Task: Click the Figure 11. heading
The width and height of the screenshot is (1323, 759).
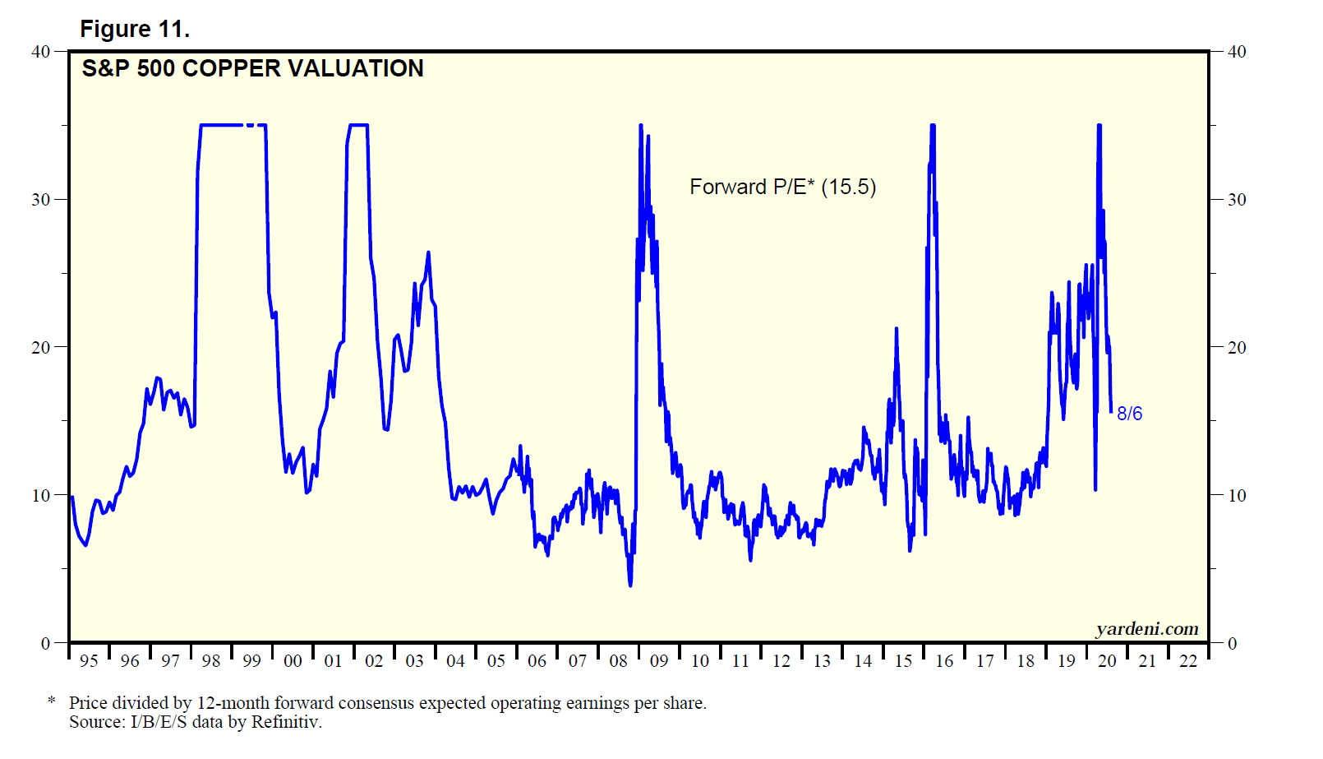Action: pyautogui.click(x=135, y=30)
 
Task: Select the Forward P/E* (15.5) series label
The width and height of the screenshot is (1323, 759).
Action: pyautogui.click(x=782, y=187)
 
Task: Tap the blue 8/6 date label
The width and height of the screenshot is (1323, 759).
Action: pyautogui.click(x=1129, y=414)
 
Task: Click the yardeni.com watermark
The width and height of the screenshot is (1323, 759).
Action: pyautogui.click(x=1146, y=629)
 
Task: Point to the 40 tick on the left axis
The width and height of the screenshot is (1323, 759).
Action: pyautogui.click(x=41, y=52)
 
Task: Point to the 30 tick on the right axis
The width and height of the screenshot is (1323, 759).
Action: pyautogui.click(x=1236, y=200)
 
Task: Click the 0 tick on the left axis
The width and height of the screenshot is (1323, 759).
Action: pyautogui.click(x=46, y=644)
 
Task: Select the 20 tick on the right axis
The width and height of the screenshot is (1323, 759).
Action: pyautogui.click(x=1236, y=348)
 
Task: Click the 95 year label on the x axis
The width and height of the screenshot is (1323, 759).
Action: pyautogui.click(x=89, y=661)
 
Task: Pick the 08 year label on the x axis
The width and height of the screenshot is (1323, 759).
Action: pyautogui.click(x=618, y=661)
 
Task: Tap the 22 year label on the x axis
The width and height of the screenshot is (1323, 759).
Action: pyautogui.click(x=1188, y=661)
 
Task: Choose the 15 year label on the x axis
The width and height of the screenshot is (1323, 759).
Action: pyautogui.click(x=903, y=661)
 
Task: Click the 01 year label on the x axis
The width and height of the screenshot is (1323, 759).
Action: pyautogui.click(x=333, y=661)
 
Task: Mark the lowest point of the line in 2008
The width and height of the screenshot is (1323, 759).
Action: pyautogui.click(x=630, y=585)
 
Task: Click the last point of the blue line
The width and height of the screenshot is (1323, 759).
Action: pyautogui.click(x=1111, y=412)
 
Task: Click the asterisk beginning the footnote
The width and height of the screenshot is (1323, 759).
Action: pyautogui.click(x=52, y=701)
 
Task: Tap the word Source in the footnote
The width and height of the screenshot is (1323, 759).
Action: pyautogui.click(x=96, y=722)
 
